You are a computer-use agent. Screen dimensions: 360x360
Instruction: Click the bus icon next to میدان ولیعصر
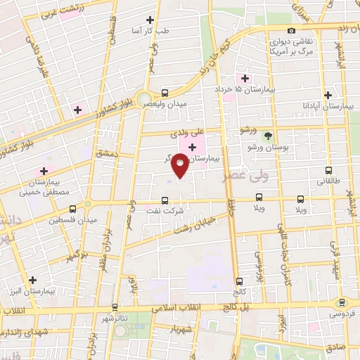click(165, 92)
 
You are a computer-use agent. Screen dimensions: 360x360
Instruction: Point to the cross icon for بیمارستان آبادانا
click(328, 94)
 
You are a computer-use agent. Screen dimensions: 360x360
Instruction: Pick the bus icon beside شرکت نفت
click(164, 200)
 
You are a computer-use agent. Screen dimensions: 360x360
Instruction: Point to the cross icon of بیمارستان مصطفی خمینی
click(44, 170)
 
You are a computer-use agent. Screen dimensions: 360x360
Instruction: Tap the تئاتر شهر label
click(113, 318)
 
